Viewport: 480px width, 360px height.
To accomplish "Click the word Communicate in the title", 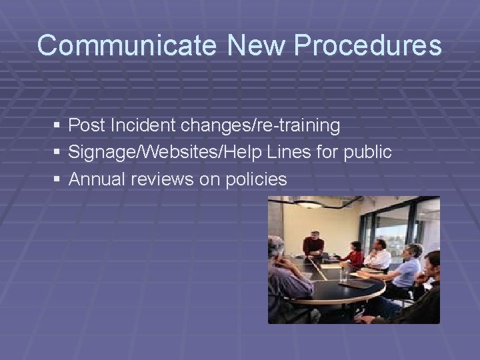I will [x=127, y=46].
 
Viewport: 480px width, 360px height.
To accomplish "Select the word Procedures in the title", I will [x=367, y=46].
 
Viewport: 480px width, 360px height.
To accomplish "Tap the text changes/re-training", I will [x=260, y=125].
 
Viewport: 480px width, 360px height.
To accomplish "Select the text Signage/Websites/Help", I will [x=165, y=153].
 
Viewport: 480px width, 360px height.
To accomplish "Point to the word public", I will [x=367, y=153].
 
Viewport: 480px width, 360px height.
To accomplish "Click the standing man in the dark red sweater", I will [x=313, y=245].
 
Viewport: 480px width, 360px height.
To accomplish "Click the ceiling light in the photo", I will [x=307, y=204].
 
